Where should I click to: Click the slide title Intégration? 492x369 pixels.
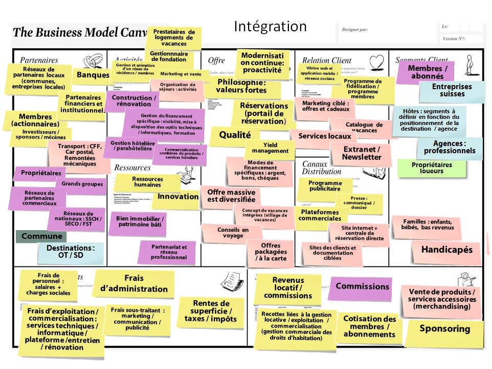pos(270,27)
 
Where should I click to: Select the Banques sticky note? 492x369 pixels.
pos(93,75)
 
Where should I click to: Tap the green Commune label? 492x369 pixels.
pos(41,237)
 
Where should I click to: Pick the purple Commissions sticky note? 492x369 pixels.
pos(362,287)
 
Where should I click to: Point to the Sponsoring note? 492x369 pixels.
pos(444,329)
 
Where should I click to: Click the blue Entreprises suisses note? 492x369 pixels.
pos(452,90)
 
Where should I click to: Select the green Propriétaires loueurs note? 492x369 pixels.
pos(432,168)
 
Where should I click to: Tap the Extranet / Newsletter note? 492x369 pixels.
pos(362,153)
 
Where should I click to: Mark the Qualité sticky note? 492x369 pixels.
pos(235,135)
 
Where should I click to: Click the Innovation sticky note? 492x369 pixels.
pos(177,197)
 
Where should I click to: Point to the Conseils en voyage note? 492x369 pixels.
pos(232,233)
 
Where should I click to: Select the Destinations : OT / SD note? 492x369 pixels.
pos(71,252)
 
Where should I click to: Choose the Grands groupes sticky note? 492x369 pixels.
pos(82,184)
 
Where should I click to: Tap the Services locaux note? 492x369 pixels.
pos(324,136)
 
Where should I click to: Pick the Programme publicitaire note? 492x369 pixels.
pos(324,186)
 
